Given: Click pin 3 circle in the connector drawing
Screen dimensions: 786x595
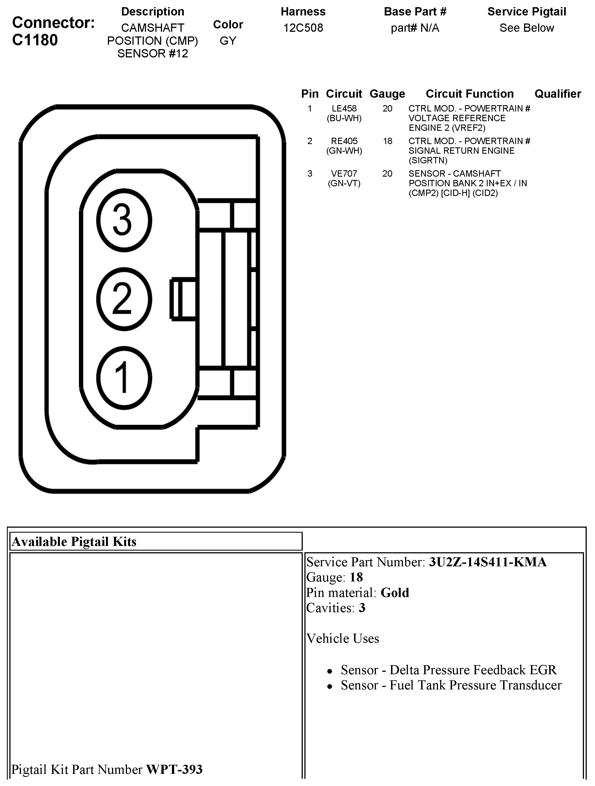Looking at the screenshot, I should (124, 220).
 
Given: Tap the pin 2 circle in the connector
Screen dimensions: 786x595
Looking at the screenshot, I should (124, 299).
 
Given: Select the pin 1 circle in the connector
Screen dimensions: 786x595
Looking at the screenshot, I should (124, 378).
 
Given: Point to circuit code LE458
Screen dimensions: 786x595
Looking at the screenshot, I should (344, 108).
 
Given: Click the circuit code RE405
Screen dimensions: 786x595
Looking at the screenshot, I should (344, 141).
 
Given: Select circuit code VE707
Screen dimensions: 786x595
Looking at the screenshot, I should (344, 174).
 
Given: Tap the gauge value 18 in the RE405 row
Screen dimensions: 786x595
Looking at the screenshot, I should (387, 141).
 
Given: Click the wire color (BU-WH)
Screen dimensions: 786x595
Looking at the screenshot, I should (344, 118).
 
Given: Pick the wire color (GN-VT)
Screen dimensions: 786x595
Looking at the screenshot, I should (344, 183).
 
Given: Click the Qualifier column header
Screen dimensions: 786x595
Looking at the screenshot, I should (557, 94).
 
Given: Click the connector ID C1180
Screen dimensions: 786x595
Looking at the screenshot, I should (35, 40).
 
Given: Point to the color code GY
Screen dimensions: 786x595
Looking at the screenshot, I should (228, 41).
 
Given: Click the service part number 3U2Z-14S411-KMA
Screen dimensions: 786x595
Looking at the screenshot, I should (487, 562).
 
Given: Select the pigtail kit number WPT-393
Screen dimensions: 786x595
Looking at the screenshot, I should (174, 769).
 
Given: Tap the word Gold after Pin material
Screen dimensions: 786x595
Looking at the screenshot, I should (395, 592).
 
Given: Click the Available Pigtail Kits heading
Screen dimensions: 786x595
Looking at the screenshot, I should (74, 541).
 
